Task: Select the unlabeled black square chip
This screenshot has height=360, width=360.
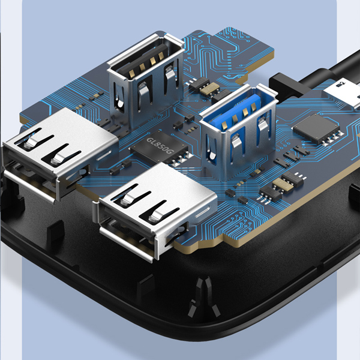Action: pos(316,128)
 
